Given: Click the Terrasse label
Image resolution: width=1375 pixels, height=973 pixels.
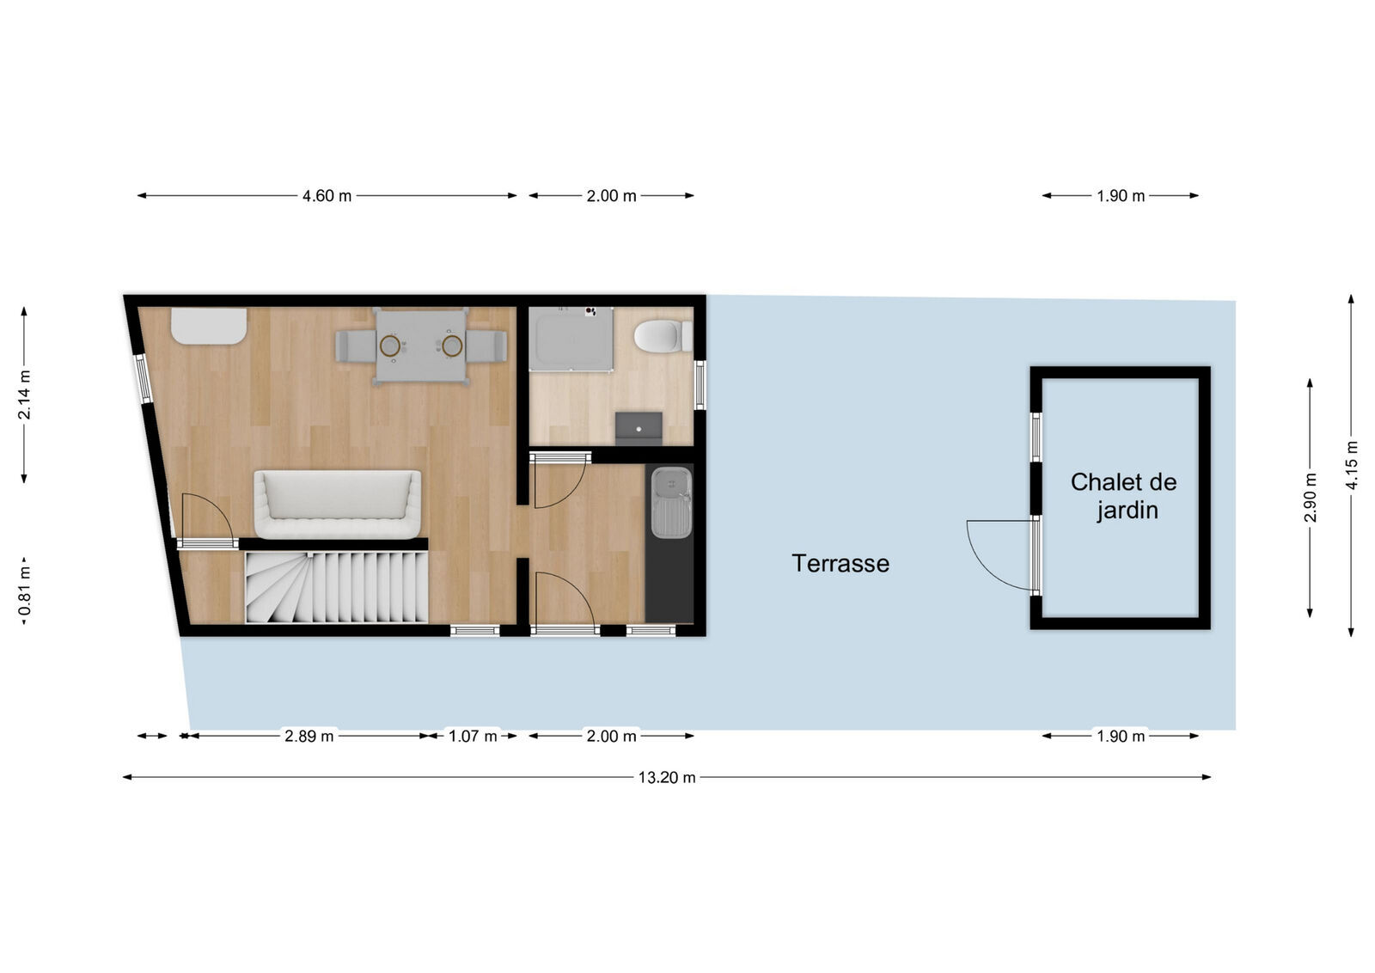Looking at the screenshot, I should coord(840,564).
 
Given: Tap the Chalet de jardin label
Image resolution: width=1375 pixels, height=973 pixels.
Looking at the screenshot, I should coord(1124,496).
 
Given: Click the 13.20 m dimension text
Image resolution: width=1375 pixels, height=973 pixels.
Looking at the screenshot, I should coord(666,778).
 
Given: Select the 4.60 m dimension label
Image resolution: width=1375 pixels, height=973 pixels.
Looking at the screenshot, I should coord(327,196).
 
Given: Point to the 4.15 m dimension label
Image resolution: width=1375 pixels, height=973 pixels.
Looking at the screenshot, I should coord(1352,465).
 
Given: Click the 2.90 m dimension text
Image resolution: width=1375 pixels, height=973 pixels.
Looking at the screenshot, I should coord(1310,497).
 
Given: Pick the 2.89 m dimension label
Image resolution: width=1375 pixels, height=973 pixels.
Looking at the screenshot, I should coord(309,737).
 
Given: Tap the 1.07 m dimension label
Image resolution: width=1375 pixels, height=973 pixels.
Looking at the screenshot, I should coord(473,737).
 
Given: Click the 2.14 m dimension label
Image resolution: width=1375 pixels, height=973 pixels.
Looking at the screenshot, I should coord(25,395).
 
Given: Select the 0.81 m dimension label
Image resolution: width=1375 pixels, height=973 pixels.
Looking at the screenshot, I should coord(25,589).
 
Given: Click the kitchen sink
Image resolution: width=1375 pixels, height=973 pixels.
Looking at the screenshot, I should coord(670,502).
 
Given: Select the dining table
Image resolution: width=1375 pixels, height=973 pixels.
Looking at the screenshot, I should coord(421,346).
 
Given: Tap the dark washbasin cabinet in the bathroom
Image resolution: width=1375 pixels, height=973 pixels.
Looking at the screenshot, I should coord(639,427).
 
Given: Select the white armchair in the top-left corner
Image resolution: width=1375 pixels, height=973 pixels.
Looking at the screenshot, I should coord(209,327).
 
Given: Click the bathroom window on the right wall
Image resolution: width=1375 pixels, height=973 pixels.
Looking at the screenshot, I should coord(700,384).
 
